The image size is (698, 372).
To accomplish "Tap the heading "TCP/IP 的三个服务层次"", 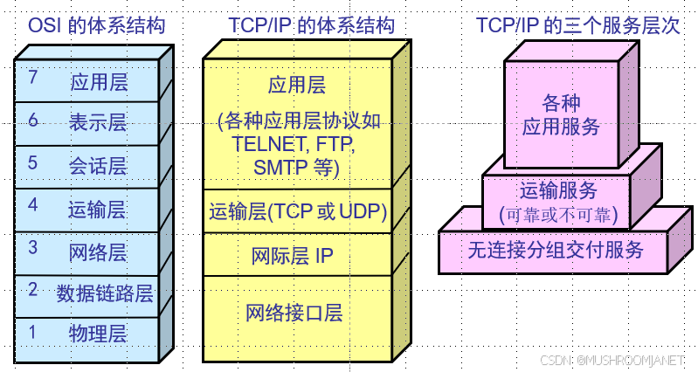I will click(x=578, y=25).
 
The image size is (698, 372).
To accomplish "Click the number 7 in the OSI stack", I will click(x=32, y=78).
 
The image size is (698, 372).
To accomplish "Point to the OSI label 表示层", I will click(x=98, y=123).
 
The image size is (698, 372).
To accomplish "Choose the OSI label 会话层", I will click(x=98, y=166).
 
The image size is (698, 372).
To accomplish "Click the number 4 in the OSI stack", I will click(x=32, y=205).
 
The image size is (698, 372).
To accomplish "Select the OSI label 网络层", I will click(x=98, y=253).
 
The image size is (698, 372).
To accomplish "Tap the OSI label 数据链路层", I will click(x=105, y=293).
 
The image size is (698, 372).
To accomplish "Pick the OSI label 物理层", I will click(x=98, y=334).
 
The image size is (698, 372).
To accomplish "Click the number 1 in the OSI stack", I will click(x=32, y=332).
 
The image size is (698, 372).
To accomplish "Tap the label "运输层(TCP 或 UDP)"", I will click(x=298, y=211).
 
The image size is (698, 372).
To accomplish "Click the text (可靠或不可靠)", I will click(x=558, y=214).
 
